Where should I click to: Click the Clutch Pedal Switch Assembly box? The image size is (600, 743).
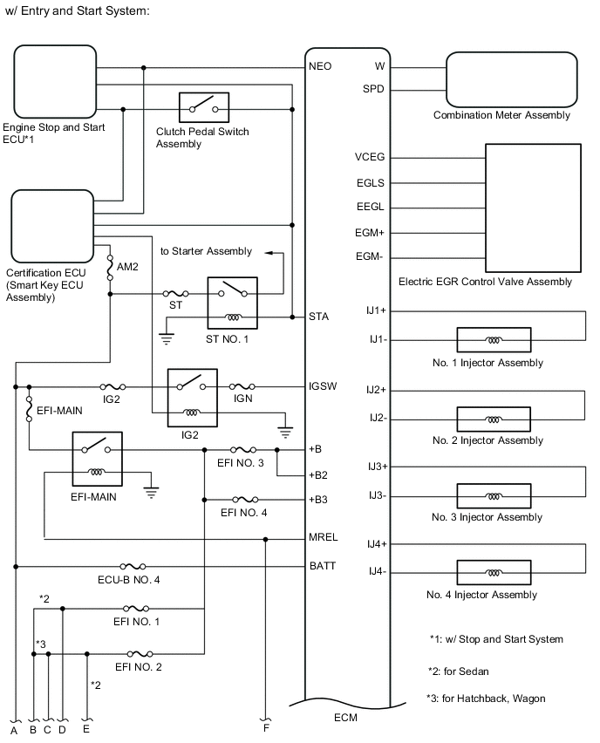click(x=203, y=109)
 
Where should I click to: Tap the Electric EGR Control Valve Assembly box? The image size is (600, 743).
click(x=533, y=208)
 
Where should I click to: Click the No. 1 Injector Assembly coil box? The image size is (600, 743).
click(x=494, y=340)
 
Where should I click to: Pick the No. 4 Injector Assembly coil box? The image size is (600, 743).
click(x=494, y=572)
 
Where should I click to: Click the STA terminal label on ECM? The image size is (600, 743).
click(x=318, y=317)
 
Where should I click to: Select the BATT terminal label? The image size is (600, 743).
click(x=322, y=566)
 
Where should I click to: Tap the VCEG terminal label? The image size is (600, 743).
click(x=371, y=158)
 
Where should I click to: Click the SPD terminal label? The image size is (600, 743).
click(x=373, y=89)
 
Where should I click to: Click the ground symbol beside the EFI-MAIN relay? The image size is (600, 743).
click(x=151, y=493)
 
